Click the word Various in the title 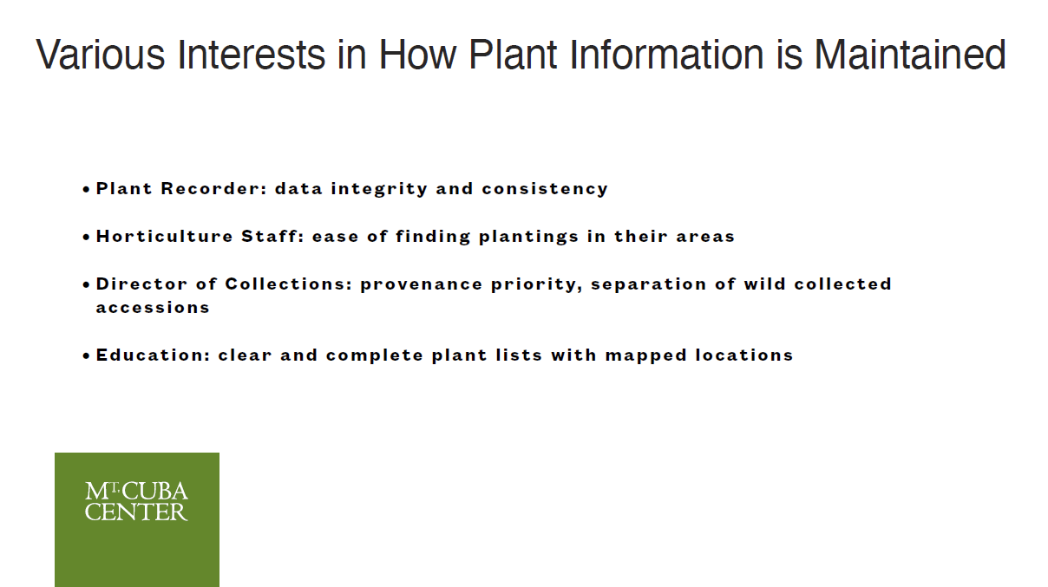point(101,55)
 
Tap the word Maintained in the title point(910,55)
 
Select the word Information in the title point(666,55)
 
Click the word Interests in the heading point(252,55)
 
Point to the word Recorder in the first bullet point(213,188)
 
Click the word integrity point(379,189)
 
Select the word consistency point(545,189)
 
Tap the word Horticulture point(164,236)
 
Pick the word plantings point(528,237)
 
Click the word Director point(141,284)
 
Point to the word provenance point(421,285)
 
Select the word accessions point(153,308)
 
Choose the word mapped point(646,356)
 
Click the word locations point(744,355)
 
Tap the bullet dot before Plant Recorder point(86,189)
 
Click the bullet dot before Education point(86,356)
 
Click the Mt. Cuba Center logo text point(136,501)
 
